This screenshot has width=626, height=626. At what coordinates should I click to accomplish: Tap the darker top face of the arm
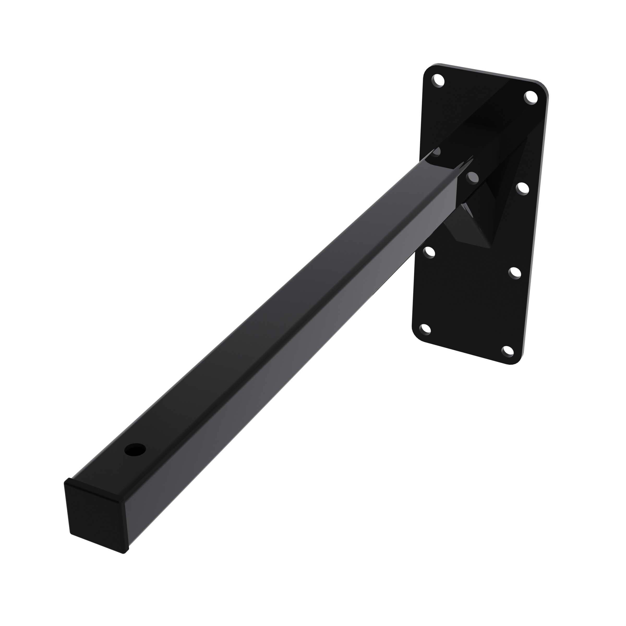259,324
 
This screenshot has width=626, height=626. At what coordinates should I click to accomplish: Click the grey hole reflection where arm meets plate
472,177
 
